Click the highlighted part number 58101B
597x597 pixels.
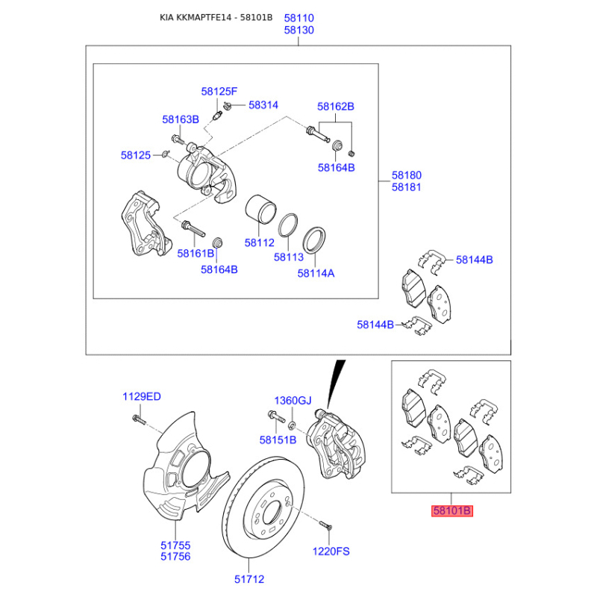452,510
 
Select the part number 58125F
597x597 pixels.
219,91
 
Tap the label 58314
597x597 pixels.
263,105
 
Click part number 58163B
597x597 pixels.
181,119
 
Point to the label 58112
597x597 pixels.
259,243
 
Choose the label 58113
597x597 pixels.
289,257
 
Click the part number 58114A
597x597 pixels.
316,273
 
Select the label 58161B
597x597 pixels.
196,253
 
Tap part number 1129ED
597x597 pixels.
142,396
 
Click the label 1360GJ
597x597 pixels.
293,401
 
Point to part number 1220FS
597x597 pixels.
331,551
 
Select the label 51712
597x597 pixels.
249,579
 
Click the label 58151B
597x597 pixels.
278,440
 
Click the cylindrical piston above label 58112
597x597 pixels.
260,209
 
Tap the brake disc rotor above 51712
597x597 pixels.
263,507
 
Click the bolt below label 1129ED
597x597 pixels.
139,419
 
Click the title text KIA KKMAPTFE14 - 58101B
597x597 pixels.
216,17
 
